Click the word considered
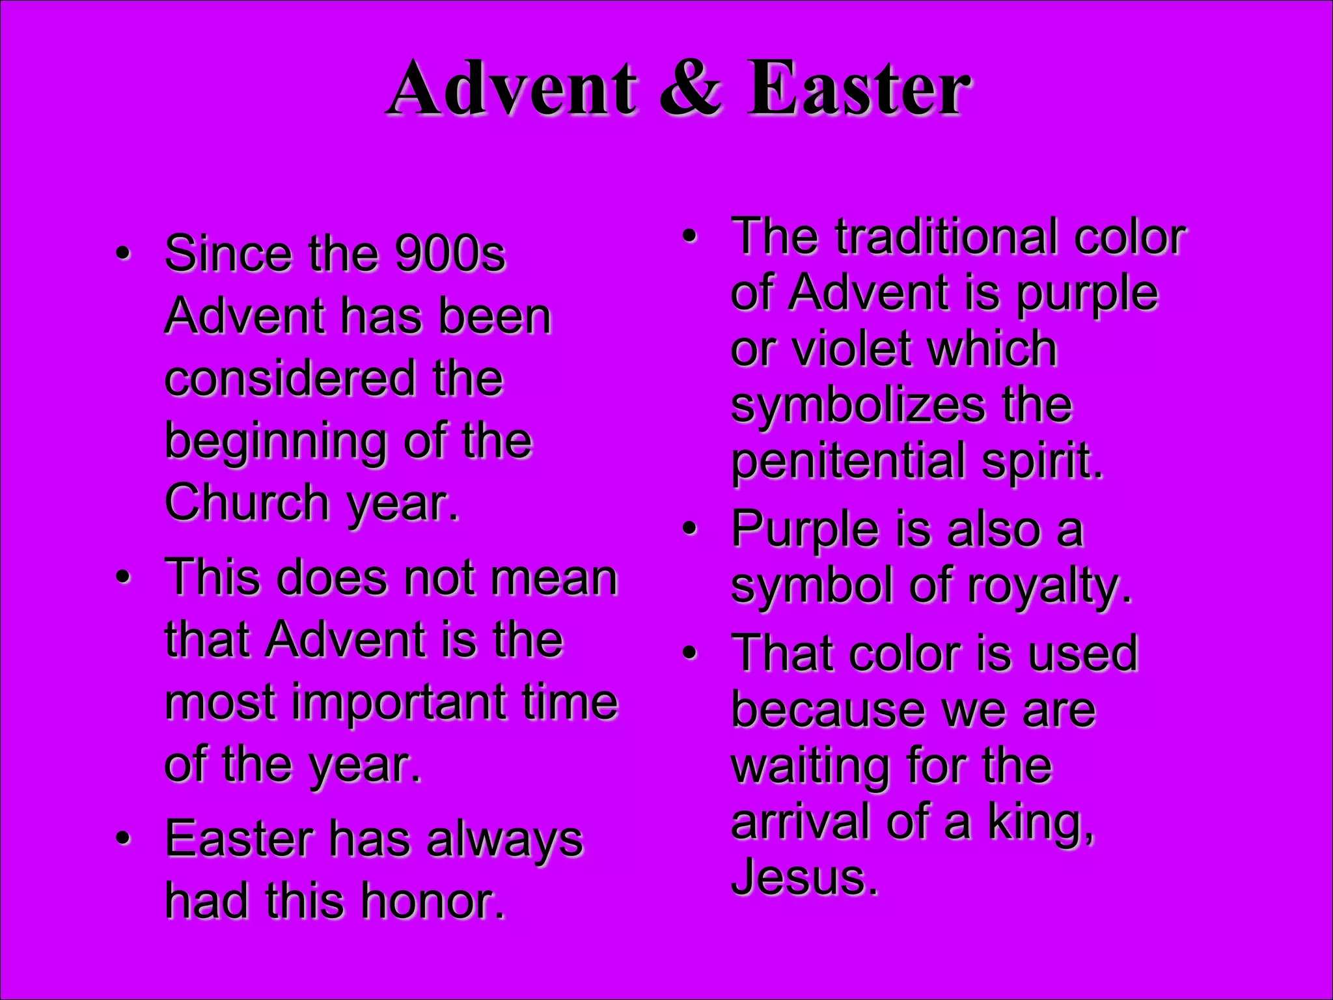[290, 378]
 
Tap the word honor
[433, 902]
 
